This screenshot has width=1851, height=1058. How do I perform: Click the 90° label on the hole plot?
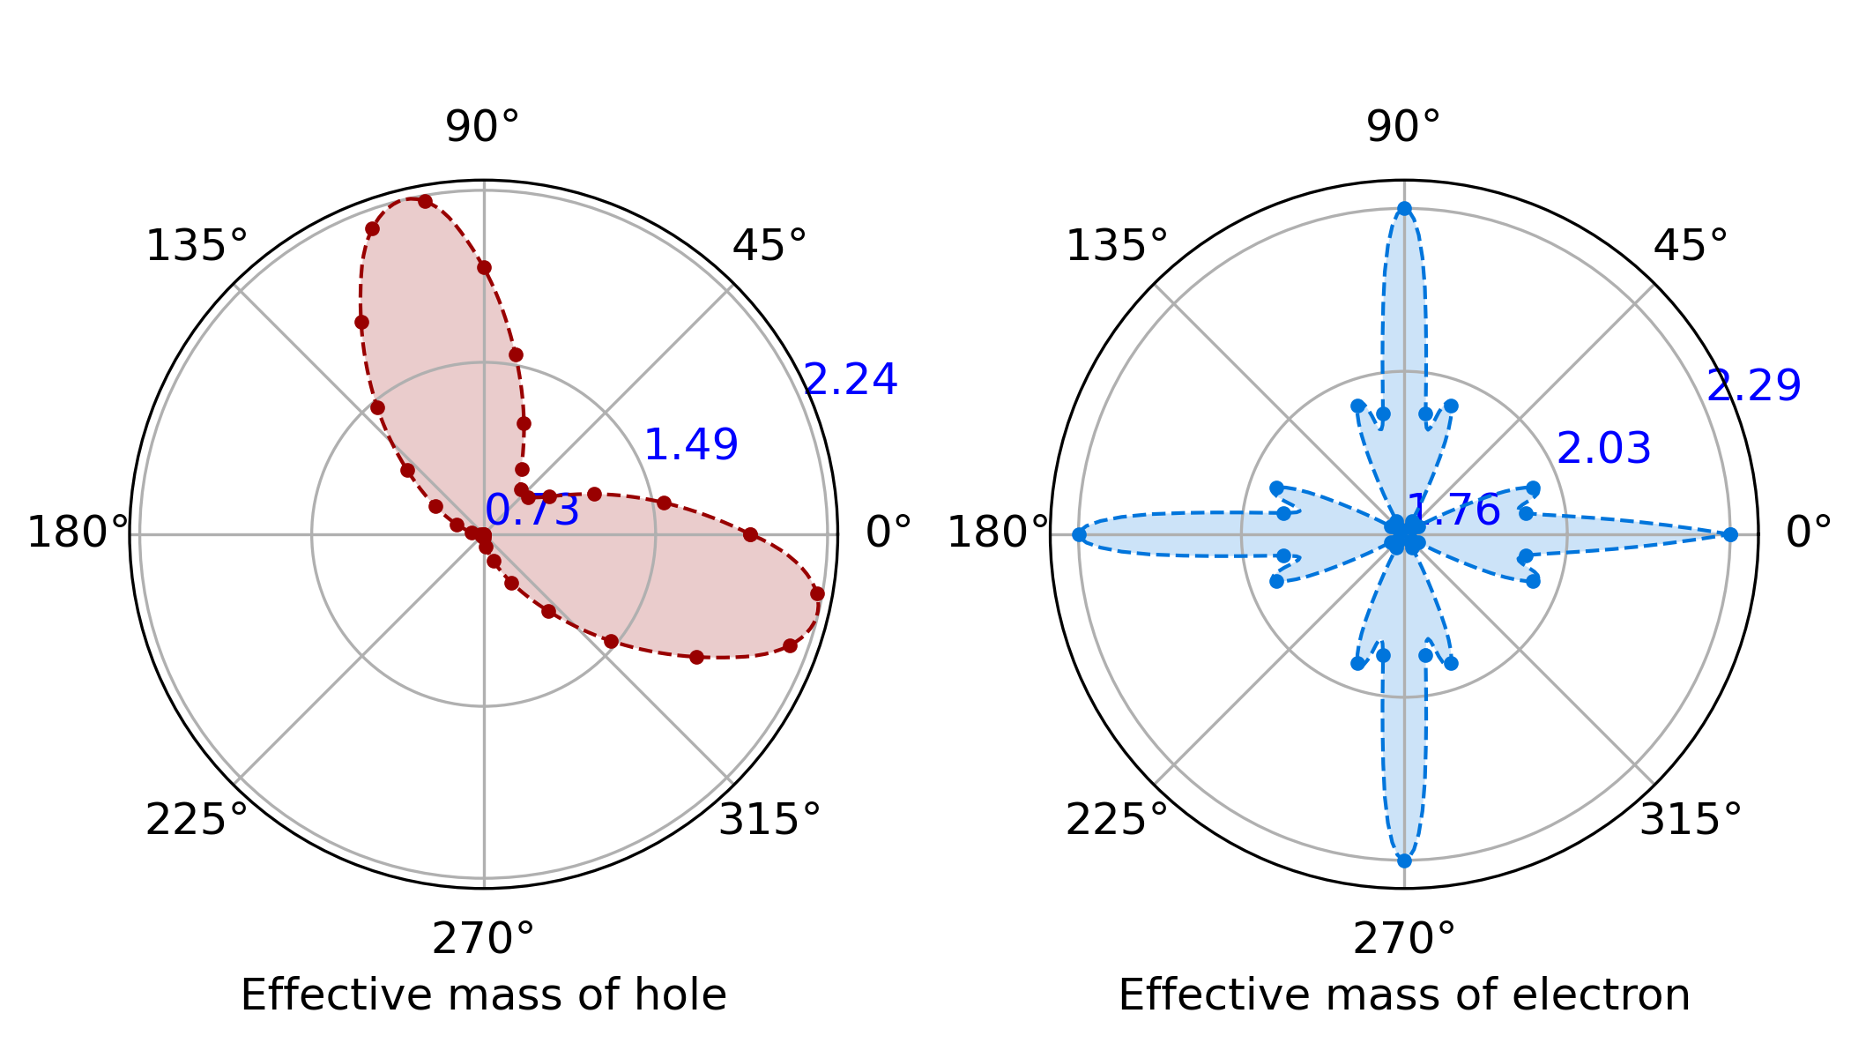[x=482, y=127]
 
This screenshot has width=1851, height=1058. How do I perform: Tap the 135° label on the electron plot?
[x=1117, y=246]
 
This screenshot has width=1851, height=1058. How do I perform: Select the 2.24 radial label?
[x=851, y=380]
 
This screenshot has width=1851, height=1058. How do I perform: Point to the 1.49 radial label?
[x=691, y=445]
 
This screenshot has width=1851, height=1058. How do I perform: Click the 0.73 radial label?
[x=532, y=511]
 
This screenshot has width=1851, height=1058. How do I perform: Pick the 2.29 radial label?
[x=1754, y=386]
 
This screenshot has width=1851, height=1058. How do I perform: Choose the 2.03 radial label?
[x=1604, y=449]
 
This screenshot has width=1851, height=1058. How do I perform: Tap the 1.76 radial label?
[x=1454, y=511]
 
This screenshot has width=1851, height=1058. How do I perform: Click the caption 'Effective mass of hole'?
[x=483, y=995]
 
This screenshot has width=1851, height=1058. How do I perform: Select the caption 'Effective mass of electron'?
[x=1404, y=995]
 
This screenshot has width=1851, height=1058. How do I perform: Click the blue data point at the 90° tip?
[x=1404, y=209]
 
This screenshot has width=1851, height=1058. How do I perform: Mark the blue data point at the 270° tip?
[x=1404, y=861]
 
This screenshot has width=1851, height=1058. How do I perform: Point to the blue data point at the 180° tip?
[x=1079, y=534]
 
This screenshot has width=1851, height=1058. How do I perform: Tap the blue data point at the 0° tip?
[x=1730, y=534]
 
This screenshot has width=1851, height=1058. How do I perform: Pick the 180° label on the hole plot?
[x=78, y=533]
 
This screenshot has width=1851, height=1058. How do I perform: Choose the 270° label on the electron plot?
[x=1404, y=940]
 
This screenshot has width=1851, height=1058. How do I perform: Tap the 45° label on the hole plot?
[x=769, y=246]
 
